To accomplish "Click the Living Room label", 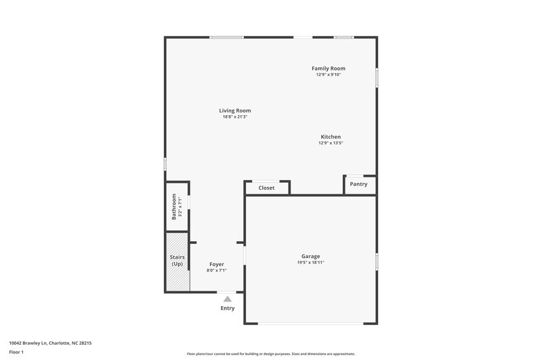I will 235,110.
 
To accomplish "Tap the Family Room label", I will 329,68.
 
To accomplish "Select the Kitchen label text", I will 331,137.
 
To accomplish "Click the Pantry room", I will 358,184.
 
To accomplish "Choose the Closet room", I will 267,188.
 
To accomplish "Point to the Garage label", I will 311,256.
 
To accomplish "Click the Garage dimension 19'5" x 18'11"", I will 311,263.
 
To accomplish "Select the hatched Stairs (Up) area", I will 177,261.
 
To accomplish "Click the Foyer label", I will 216,264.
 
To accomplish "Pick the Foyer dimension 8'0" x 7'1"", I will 216,270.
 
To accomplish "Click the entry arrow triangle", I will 228,298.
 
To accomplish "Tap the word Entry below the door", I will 228,308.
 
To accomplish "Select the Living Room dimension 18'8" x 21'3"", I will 235,117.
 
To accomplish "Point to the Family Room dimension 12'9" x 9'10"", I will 329,75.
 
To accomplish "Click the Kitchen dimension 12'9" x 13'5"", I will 331,143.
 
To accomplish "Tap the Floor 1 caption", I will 16,352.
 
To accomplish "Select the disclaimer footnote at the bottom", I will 270,354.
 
